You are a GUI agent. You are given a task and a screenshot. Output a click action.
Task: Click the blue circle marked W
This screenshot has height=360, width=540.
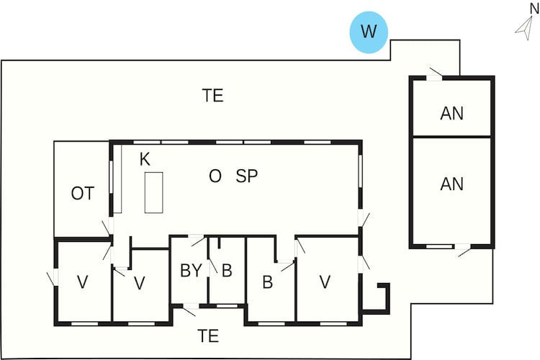tap(369, 32)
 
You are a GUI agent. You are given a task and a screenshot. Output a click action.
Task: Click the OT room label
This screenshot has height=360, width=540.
tap(83, 194)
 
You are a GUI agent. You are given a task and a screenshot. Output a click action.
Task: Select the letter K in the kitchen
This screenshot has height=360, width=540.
tap(145, 159)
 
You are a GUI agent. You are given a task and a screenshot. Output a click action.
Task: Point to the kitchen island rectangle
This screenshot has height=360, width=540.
tap(153, 192)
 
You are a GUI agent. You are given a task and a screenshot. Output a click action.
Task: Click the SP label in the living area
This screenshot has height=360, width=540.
tap(246, 176)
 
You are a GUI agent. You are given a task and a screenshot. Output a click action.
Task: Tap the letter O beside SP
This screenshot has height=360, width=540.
tap(215, 176)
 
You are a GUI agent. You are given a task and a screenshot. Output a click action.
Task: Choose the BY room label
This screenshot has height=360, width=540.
tap(191, 271)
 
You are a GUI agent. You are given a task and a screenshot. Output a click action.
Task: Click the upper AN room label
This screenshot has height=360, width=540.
tap(452, 113)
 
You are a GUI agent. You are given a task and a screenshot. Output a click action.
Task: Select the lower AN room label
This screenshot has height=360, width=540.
tap(452, 184)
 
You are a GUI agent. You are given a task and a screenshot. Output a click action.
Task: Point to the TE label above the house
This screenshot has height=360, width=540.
tap(213, 96)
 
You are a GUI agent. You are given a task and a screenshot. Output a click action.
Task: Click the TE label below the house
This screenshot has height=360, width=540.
tap(208, 336)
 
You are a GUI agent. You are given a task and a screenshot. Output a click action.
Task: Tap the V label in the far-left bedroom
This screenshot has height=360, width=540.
tap(83, 282)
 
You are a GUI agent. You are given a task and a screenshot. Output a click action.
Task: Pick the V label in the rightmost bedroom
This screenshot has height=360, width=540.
tap(325, 282)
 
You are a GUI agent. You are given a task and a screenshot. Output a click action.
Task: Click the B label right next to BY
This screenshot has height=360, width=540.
tap(227, 271)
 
